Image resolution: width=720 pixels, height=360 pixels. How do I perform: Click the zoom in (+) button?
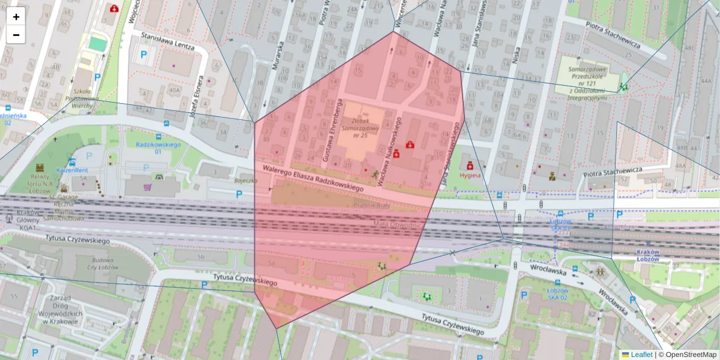(x=16, y=17)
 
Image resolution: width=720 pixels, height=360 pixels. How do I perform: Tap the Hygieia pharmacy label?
(x=470, y=175)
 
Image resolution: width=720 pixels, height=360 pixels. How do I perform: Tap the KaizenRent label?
(x=73, y=170)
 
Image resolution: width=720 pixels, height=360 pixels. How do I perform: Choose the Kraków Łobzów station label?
(x=647, y=255)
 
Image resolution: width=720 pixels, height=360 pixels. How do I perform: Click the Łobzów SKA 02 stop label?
(x=557, y=293)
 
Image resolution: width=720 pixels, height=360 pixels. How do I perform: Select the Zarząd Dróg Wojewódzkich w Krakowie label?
(x=58, y=310)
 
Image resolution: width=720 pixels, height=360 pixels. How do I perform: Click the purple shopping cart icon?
(x=148, y=187)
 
